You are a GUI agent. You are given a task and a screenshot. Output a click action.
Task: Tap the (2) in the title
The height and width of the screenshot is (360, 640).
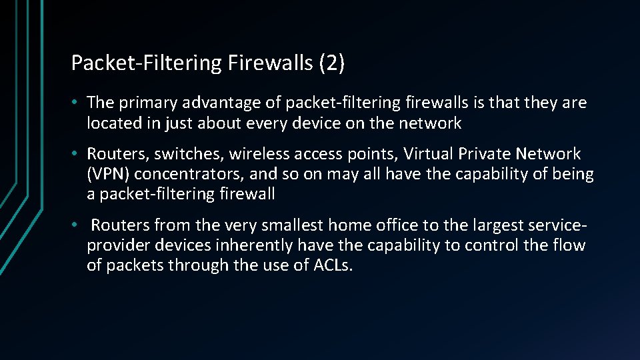(332, 63)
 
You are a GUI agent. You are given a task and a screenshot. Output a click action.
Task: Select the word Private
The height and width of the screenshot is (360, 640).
(485, 154)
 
